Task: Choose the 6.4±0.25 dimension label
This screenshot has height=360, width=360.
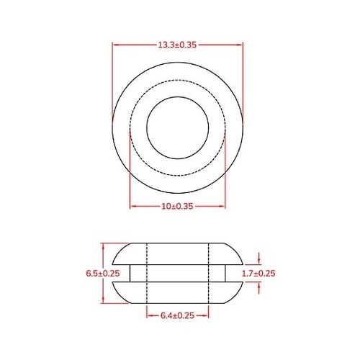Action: coord(179,315)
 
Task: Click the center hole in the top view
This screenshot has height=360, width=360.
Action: coord(179,127)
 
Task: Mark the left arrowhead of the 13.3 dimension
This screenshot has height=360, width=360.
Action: coord(116,45)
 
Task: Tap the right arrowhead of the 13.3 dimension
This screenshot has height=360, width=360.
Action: coord(241,45)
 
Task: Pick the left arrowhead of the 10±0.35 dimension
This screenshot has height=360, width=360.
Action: coord(132,207)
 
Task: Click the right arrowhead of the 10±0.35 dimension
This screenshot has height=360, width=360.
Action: coord(225,207)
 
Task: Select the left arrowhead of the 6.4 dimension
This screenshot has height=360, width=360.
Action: coord(149,315)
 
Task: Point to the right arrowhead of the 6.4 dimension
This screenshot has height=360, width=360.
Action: coord(207,315)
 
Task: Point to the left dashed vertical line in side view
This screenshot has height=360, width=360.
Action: coord(147,273)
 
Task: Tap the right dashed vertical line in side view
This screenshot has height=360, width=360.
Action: coord(210,273)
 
